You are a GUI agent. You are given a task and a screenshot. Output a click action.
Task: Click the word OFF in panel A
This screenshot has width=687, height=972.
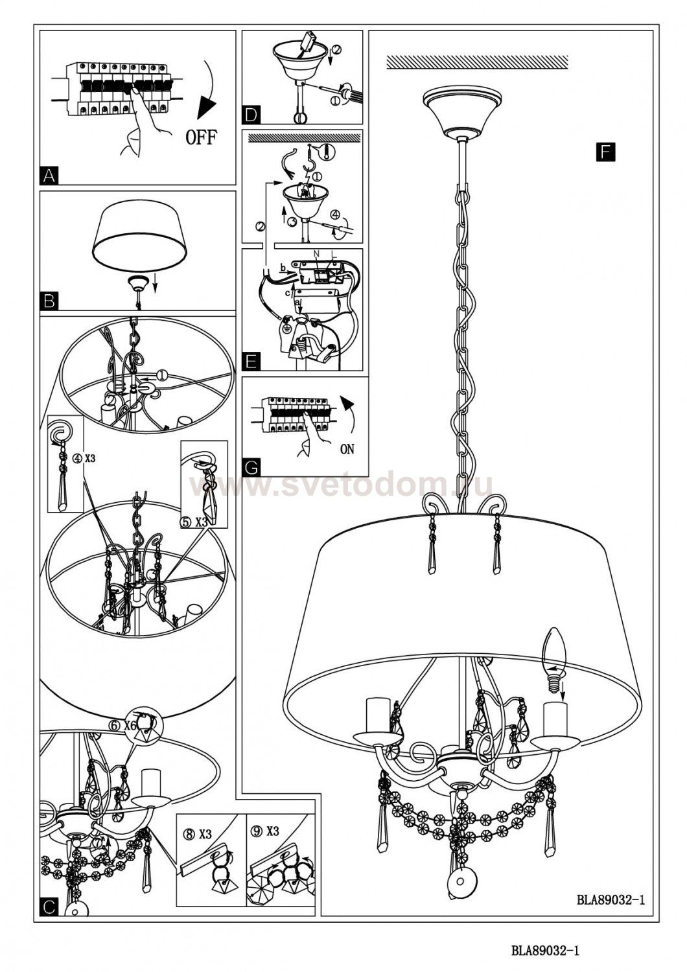tap(202, 137)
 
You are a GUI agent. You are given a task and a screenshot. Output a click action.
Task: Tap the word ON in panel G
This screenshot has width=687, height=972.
tap(347, 449)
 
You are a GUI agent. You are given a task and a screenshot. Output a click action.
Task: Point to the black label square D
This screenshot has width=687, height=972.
tap(251, 115)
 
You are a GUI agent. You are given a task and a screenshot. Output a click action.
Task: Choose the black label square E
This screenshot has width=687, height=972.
tap(251, 361)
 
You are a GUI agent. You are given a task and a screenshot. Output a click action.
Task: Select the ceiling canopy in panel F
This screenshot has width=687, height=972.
tap(461, 110)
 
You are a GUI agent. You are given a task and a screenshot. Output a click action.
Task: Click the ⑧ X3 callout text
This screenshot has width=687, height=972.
tap(198, 835)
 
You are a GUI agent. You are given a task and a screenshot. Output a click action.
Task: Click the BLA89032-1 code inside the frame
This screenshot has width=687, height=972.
tap(611, 899)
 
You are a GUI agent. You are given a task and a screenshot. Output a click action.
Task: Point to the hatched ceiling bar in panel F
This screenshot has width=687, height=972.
tap(477, 63)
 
